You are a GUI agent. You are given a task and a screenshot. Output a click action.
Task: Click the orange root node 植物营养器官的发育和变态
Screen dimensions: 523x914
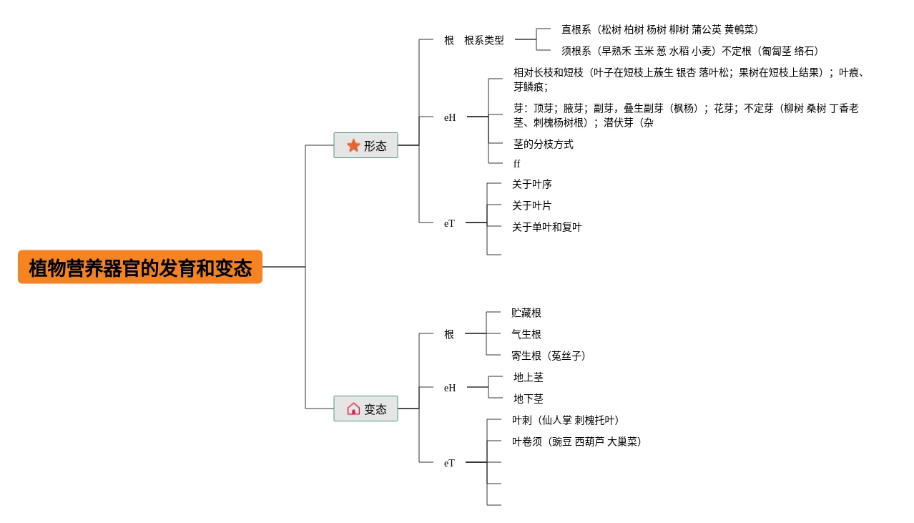140,267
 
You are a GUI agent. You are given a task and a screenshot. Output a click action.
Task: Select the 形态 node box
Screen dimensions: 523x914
365,145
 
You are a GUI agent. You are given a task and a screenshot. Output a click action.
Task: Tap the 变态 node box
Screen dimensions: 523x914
365,409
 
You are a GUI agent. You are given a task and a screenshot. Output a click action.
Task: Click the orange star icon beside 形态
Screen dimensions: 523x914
353,145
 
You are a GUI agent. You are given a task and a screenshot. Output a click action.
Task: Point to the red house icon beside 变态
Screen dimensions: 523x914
353,409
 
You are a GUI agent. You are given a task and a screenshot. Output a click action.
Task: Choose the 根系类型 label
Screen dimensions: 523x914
483,40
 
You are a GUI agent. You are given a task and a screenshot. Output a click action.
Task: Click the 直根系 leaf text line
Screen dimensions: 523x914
659,29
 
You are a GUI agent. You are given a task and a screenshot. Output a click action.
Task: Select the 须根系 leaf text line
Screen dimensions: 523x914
689,51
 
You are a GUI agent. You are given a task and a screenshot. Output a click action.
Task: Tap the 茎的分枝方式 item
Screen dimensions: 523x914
543,144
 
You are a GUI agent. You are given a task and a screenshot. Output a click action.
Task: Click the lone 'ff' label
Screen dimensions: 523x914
516,164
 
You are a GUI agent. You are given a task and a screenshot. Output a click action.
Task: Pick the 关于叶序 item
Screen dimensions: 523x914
531,184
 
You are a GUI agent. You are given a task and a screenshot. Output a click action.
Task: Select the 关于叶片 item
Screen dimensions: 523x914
531,205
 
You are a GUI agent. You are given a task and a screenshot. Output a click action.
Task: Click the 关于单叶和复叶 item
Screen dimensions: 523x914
546,227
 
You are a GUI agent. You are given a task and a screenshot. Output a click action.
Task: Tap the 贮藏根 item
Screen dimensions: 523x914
526,313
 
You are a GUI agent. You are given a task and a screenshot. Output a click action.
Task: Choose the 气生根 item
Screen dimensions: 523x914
526,334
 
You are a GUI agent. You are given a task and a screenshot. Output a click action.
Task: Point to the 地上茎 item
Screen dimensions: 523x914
528,377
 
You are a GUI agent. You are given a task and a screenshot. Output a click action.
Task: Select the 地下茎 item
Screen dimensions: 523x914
528,399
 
